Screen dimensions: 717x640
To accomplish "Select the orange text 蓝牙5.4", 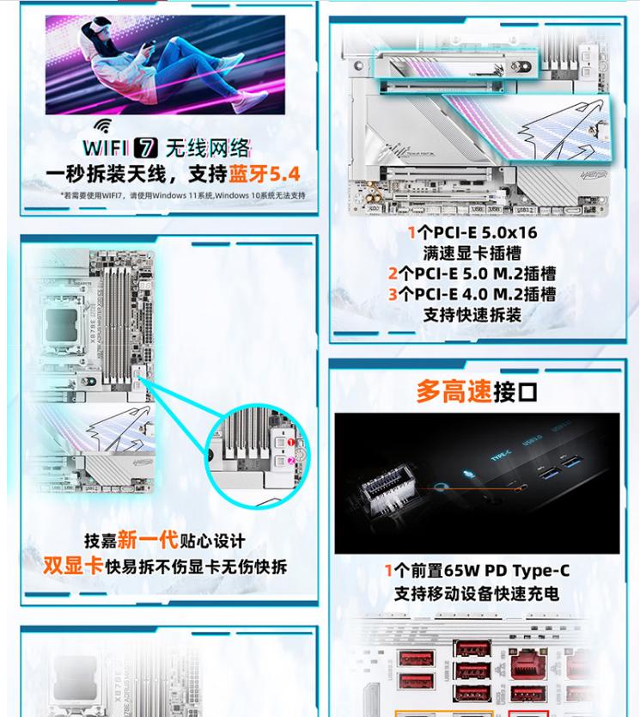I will pyautogui.click(x=264, y=175).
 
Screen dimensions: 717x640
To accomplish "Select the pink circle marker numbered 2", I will pyautogui.click(x=290, y=461).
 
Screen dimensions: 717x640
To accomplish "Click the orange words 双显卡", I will pyautogui.click(x=73, y=566).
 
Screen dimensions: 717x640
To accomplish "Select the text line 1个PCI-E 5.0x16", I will pyautogui.click(x=472, y=233).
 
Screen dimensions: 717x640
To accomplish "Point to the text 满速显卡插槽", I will pyautogui.click(x=472, y=254).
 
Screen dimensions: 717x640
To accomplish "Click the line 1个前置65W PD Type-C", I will pyautogui.click(x=476, y=571).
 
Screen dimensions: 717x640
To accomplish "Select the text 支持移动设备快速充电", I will pyautogui.click(x=476, y=593).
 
